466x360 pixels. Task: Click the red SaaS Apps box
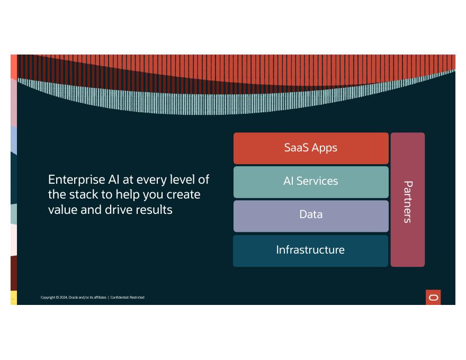tap(311, 148)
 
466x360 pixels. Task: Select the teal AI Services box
tap(311, 182)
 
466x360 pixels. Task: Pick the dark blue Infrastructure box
tap(310, 250)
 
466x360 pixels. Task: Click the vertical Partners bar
tap(407, 200)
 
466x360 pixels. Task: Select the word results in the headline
tap(154, 210)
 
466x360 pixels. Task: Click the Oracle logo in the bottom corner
tap(433, 298)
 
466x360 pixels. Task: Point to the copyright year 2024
tap(63, 298)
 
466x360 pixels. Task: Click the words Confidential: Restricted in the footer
tap(127, 298)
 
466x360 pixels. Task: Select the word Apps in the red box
tap(324, 148)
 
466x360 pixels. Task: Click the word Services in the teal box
tap(317, 182)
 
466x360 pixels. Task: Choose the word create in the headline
tap(183, 194)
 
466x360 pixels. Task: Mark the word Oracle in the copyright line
tap(73, 298)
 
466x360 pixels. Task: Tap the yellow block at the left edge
tap(14, 298)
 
